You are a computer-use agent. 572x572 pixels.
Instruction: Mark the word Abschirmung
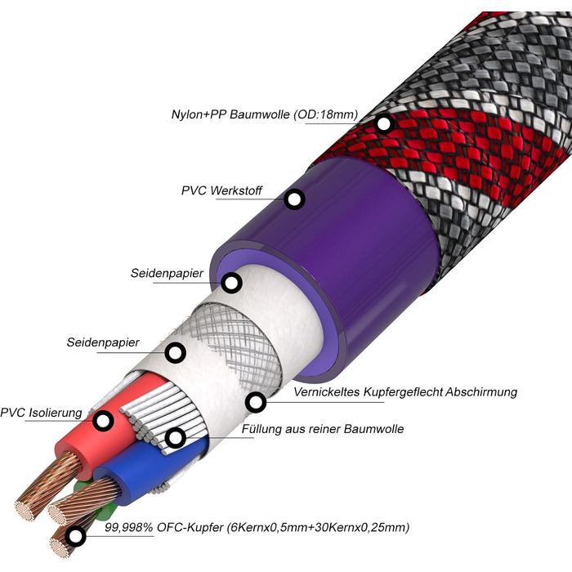coord(482,392)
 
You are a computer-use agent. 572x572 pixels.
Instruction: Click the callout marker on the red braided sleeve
coord(384,124)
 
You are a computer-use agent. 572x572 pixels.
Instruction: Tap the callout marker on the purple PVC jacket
coord(294,199)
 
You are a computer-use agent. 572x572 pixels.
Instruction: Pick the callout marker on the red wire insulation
coord(103,422)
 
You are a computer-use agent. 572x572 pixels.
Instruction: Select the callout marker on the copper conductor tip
coord(76,537)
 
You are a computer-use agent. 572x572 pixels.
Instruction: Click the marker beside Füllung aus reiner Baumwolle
coord(175,437)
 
